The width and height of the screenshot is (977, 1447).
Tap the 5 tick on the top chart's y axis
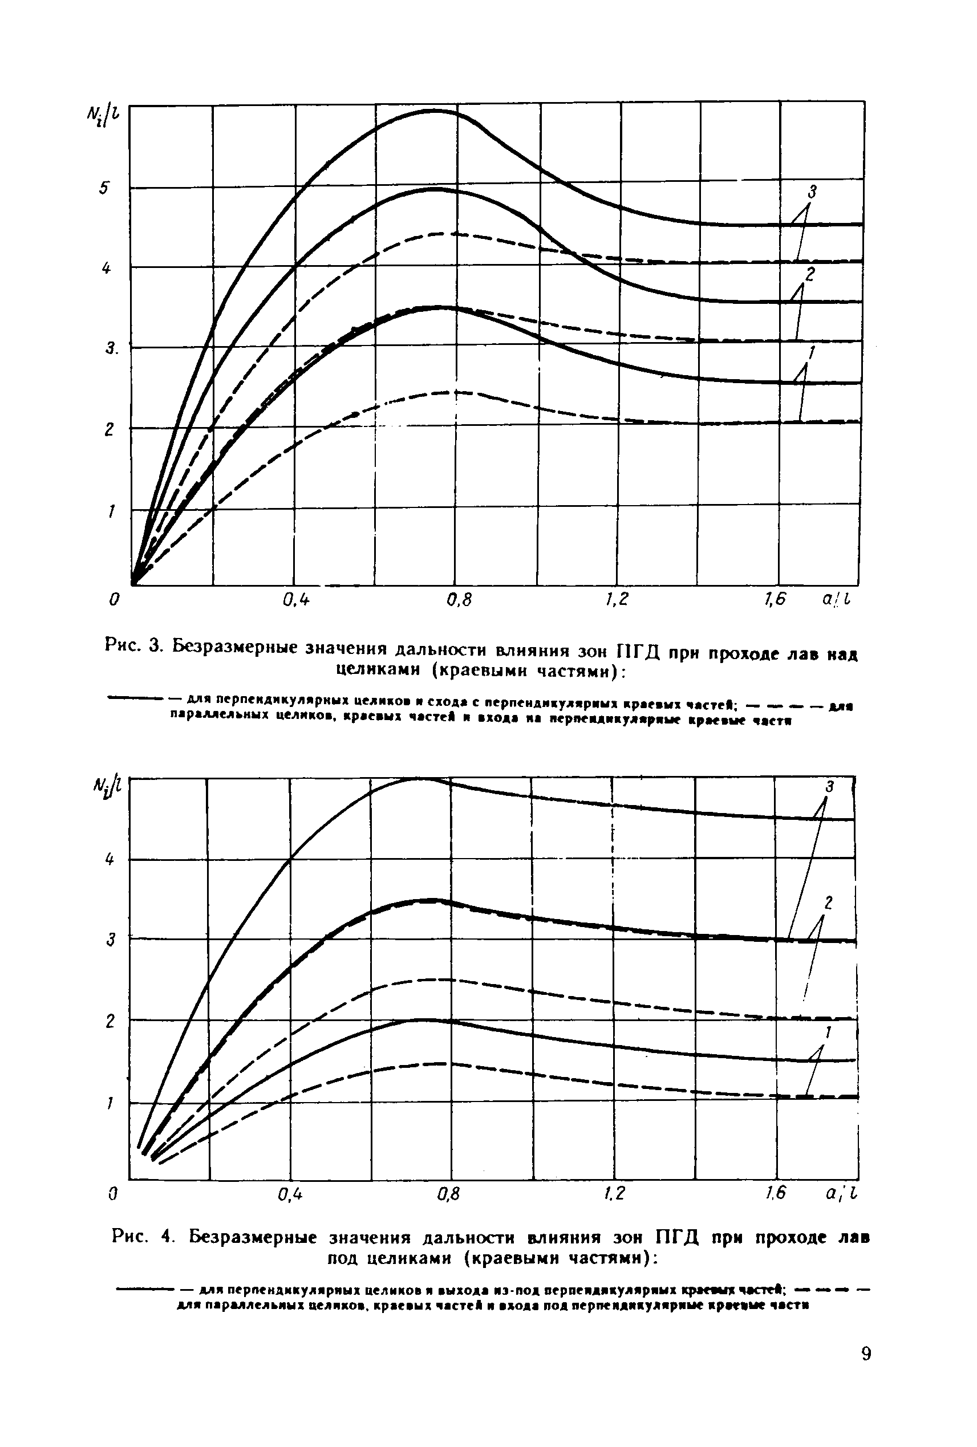(x=106, y=188)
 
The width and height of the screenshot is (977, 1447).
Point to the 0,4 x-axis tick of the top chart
(x=295, y=599)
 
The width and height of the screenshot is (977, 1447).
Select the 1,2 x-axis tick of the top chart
(x=616, y=599)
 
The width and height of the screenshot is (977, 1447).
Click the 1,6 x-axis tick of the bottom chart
(x=775, y=1193)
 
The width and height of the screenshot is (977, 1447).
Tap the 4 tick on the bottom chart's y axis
(x=110, y=860)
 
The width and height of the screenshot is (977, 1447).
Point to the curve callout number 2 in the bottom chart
(x=828, y=902)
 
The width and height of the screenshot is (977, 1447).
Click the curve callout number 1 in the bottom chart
(x=828, y=1033)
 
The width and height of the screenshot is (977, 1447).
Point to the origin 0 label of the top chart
(x=113, y=599)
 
